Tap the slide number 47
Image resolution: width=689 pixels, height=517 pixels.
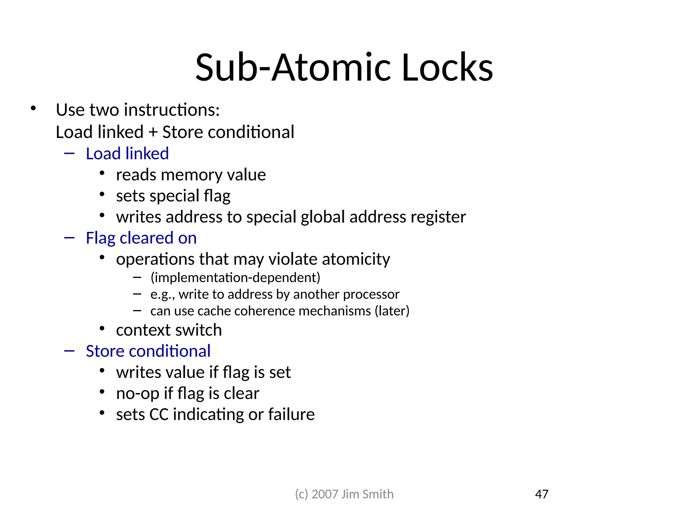541,494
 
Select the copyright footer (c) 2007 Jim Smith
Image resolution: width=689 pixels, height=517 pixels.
344,494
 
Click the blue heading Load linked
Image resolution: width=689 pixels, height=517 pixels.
127,153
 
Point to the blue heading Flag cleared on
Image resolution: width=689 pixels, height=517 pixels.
141,238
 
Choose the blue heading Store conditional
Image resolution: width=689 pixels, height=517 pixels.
148,351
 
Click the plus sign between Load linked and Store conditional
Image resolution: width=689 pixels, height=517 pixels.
153,132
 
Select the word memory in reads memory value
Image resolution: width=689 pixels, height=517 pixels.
191,175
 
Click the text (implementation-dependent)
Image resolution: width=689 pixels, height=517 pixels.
235,277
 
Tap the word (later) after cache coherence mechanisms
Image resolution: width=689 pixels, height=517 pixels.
392,311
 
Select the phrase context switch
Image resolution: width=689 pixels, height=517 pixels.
169,330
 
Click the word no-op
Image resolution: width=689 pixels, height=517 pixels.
138,393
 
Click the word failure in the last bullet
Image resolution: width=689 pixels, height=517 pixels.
291,414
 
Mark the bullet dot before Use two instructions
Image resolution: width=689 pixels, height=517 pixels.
33,108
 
